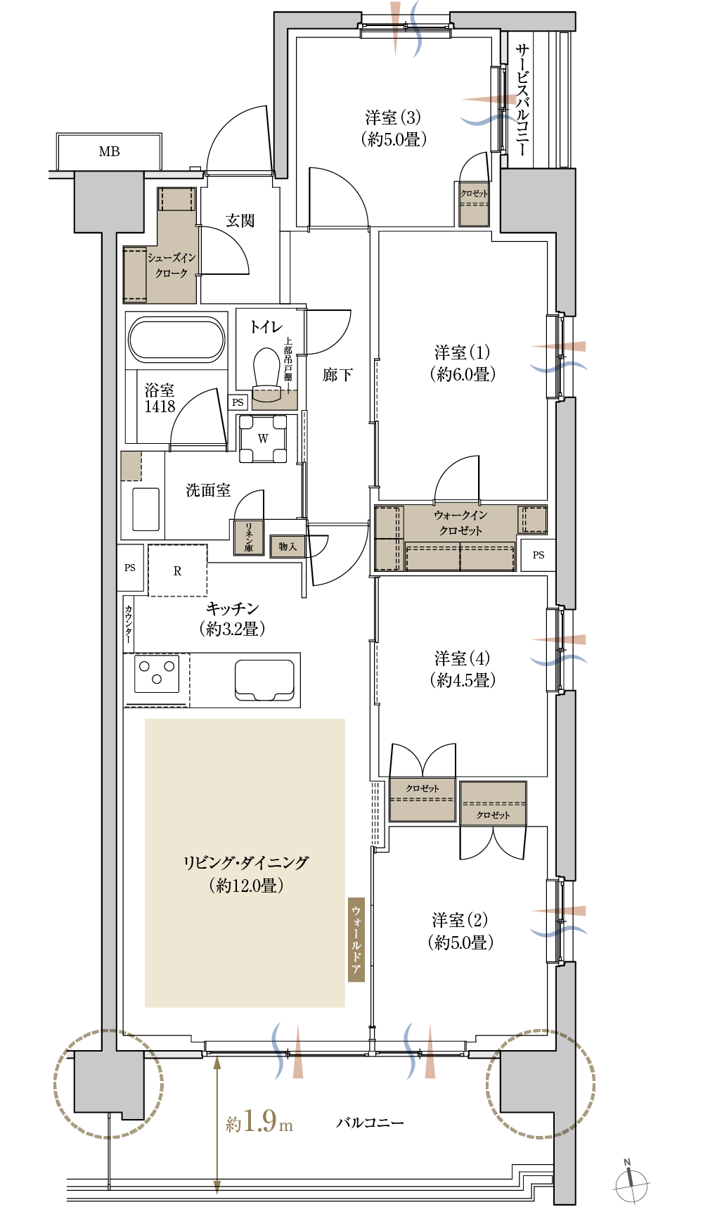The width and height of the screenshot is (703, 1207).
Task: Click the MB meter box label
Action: point(109,151)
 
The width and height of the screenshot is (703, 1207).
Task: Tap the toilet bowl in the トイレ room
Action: point(266,369)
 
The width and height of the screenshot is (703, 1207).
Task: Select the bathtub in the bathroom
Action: point(176,339)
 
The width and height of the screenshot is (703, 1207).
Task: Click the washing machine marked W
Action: point(263,438)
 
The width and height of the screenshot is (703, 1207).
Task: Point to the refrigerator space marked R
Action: point(177,570)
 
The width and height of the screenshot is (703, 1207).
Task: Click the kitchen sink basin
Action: point(264,679)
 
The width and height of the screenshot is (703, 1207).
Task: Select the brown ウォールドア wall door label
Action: point(356,940)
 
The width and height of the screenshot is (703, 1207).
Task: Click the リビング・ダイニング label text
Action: point(246,862)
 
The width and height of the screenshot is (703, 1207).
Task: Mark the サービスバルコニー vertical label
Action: point(522,99)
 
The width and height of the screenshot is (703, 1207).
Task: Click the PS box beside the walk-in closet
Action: point(538,555)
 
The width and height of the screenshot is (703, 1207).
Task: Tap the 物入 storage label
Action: point(288,547)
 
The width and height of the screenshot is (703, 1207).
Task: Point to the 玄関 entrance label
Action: point(240,221)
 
